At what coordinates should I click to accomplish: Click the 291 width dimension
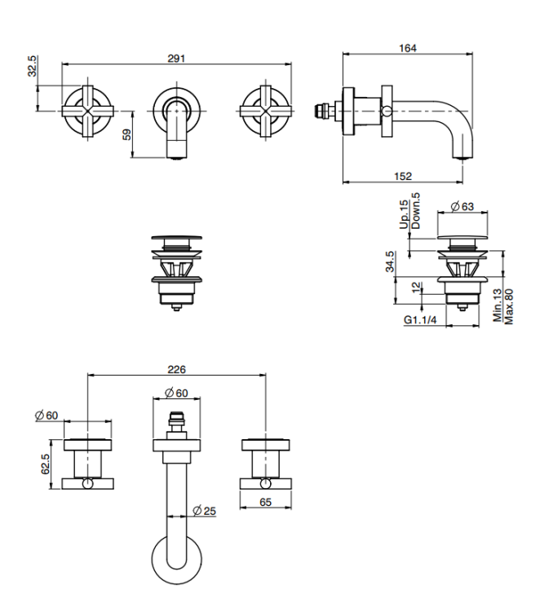point(176,59)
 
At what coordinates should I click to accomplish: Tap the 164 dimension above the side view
point(407,48)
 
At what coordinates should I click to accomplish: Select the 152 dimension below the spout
point(403,177)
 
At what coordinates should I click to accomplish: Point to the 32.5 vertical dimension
point(33,66)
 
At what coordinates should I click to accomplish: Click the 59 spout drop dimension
point(127,134)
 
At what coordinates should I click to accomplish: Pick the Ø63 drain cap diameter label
point(462,206)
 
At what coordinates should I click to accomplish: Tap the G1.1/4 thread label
point(420,320)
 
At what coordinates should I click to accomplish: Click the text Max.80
point(509,306)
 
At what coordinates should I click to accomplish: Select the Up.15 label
point(404,214)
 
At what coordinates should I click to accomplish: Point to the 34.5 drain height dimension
point(389,262)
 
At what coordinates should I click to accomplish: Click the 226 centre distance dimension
point(176,369)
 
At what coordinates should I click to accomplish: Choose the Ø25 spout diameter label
point(204,511)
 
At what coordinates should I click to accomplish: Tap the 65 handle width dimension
point(265,503)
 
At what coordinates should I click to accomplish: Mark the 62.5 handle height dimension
point(45,464)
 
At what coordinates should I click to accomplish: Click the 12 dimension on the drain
point(417,288)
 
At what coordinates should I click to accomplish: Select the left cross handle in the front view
point(88,112)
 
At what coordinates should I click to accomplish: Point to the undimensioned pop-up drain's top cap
point(177,238)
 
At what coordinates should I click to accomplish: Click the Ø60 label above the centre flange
point(176,393)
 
